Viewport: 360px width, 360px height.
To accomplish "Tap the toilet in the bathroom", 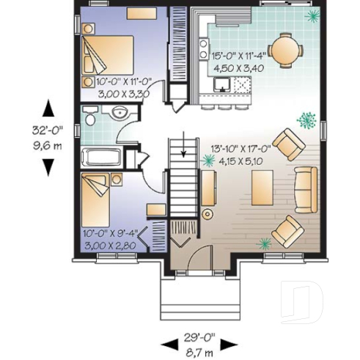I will click(x=90, y=117).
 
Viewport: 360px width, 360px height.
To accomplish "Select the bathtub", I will click(x=103, y=157).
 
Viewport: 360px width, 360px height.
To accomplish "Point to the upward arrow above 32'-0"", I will click(x=48, y=109).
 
